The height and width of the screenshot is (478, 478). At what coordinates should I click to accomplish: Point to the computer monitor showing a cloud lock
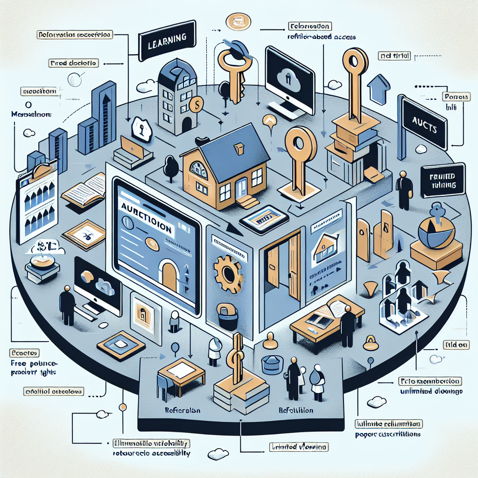[x=289, y=75]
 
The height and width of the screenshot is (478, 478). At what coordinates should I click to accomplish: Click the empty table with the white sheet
[x=179, y=371]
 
